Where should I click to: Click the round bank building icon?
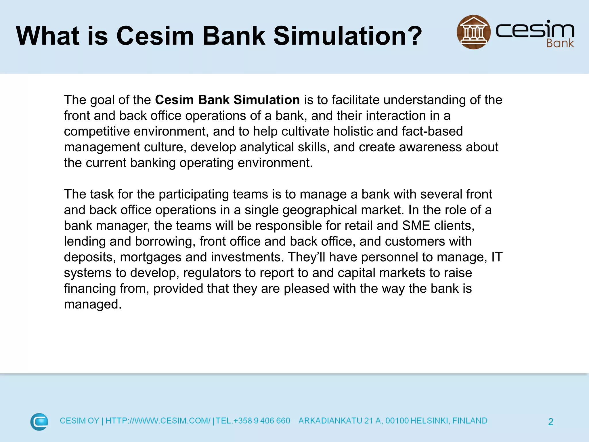(x=473, y=32)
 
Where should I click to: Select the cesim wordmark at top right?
(x=535, y=30)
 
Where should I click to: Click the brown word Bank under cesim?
(x=560, y=43)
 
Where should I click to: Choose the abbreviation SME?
(x=416, y=226)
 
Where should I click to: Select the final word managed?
(x=93, y=304)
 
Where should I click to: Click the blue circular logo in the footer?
(x=39, y=422)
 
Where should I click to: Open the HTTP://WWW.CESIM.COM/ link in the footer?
(x=158, y=421)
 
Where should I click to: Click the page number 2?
(x=550, y=422)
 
